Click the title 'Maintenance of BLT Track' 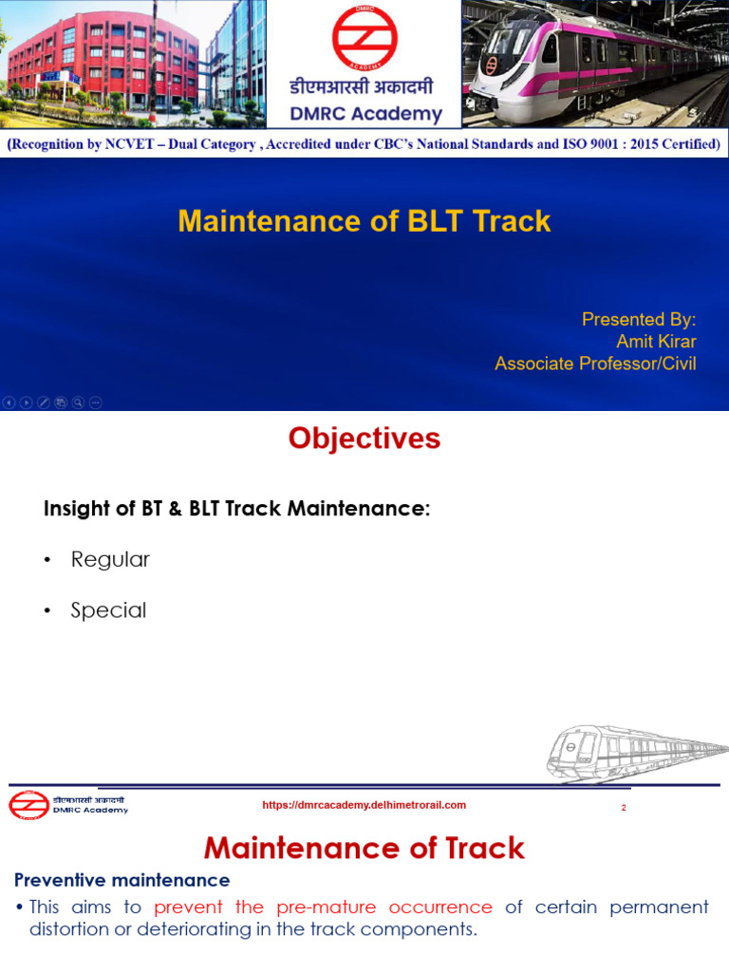(364, 221)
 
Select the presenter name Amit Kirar (656, 342)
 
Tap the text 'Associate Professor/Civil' (595, 364)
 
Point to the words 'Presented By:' (639, 319)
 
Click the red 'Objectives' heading (364, 439)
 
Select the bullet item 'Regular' (110, 559)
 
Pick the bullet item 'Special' (108, 610)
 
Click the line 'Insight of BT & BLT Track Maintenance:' (237, 509)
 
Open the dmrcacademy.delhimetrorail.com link (364, 805)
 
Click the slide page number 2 (624, 808)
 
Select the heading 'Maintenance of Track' (364, 848)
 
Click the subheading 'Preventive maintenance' (121, 880)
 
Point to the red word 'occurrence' (440, 907)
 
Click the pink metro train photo (595, 63)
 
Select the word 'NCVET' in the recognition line (160, 145)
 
